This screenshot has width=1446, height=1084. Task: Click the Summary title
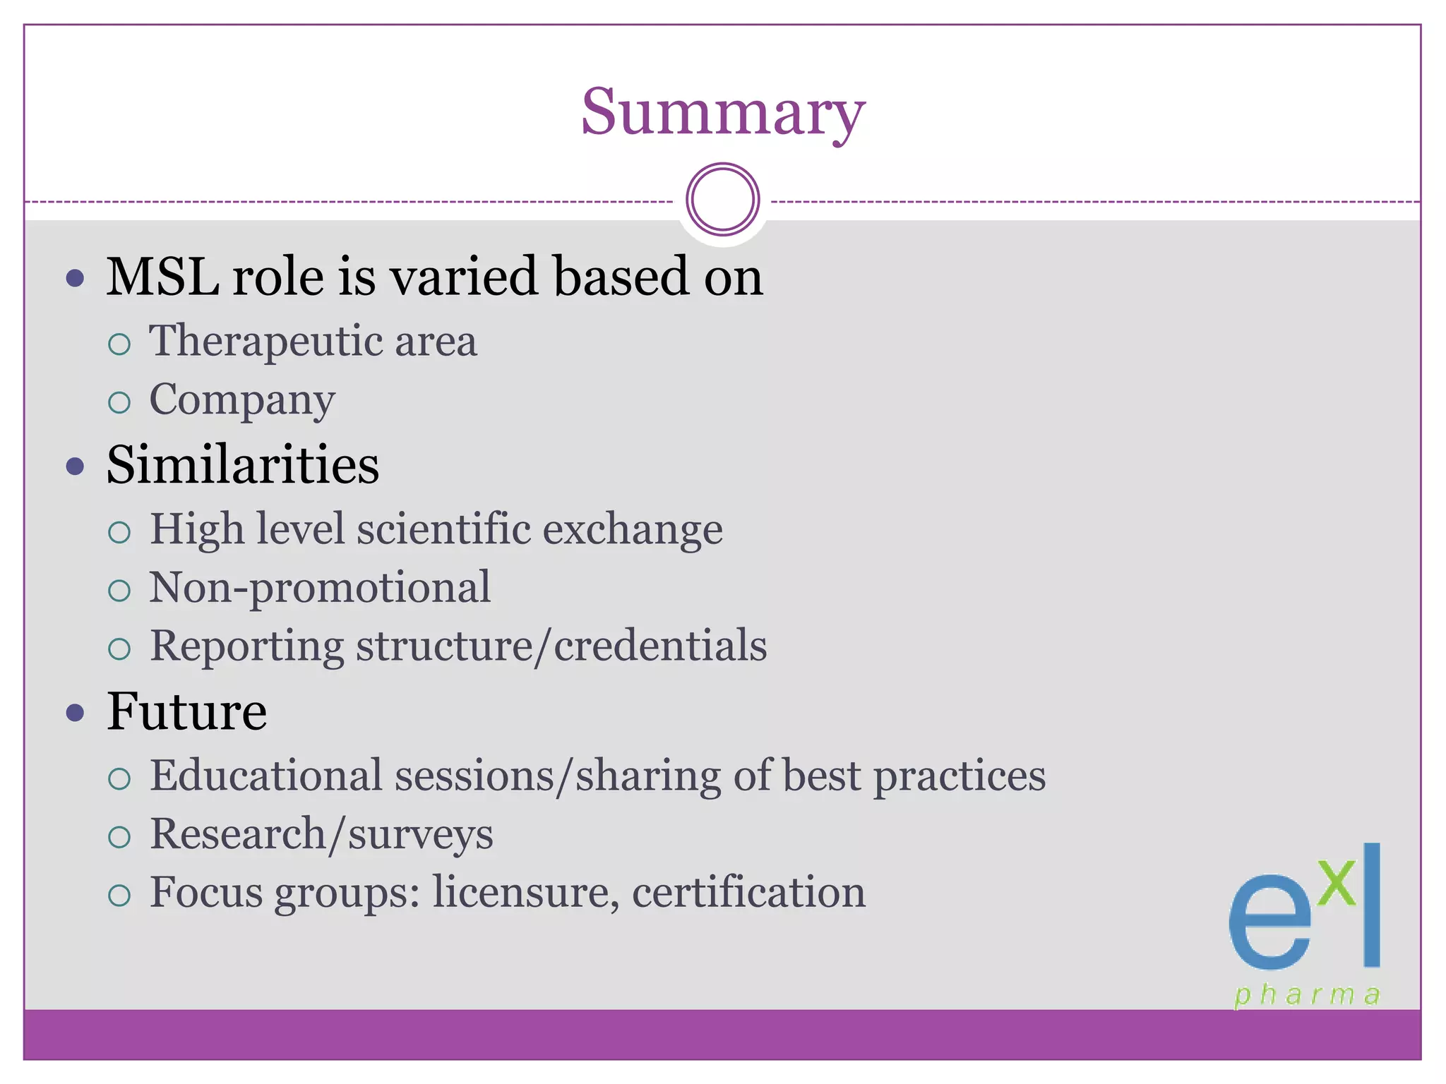pos(722,113)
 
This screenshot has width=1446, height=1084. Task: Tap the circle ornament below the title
pos(722,200)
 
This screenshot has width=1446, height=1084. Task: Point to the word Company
pos(241,400)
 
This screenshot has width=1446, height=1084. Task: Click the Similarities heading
pos(242,465)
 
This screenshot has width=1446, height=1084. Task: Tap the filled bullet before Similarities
pos(75,466)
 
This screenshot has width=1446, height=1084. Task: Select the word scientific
pos(443,529)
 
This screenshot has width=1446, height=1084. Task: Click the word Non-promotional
pos(319,588)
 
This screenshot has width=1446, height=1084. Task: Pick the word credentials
pos(660,646)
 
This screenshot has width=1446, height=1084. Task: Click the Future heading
pos(186,711)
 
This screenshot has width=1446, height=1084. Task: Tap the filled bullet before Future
pos(75,712)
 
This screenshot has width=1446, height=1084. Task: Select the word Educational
pos(266,776)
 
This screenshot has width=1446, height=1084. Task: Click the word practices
pos(960,776)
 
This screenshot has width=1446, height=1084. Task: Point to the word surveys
pos(420,835)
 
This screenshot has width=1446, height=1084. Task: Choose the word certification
pos(748,893)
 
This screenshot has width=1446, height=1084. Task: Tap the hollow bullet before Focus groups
pos(119,896)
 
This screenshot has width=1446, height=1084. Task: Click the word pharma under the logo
pos(1307,995)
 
